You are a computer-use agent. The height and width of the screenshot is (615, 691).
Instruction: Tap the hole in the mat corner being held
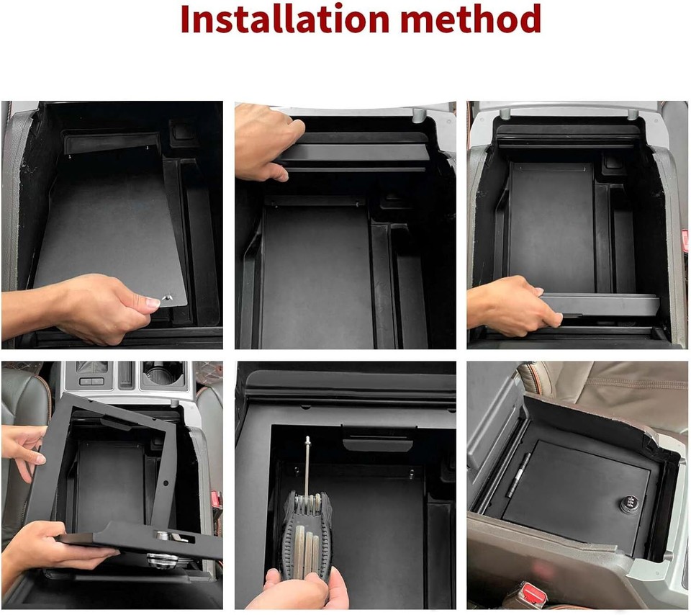pyautogui.click(x=167, y=296)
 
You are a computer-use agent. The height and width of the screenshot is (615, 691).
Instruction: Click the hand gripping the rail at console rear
pyautogui.click(x=263, y=140)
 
